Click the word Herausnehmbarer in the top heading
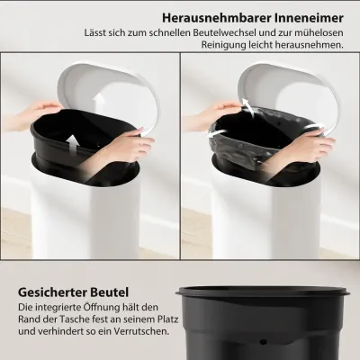click(217, 18)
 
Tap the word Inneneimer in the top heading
click(309, 18)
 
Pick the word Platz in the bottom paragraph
click(167, 319)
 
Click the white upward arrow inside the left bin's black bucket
click(71, 145)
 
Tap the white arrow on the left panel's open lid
click(97, 102)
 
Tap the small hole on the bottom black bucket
click(264, 342)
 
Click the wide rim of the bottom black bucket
click(263, 291)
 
